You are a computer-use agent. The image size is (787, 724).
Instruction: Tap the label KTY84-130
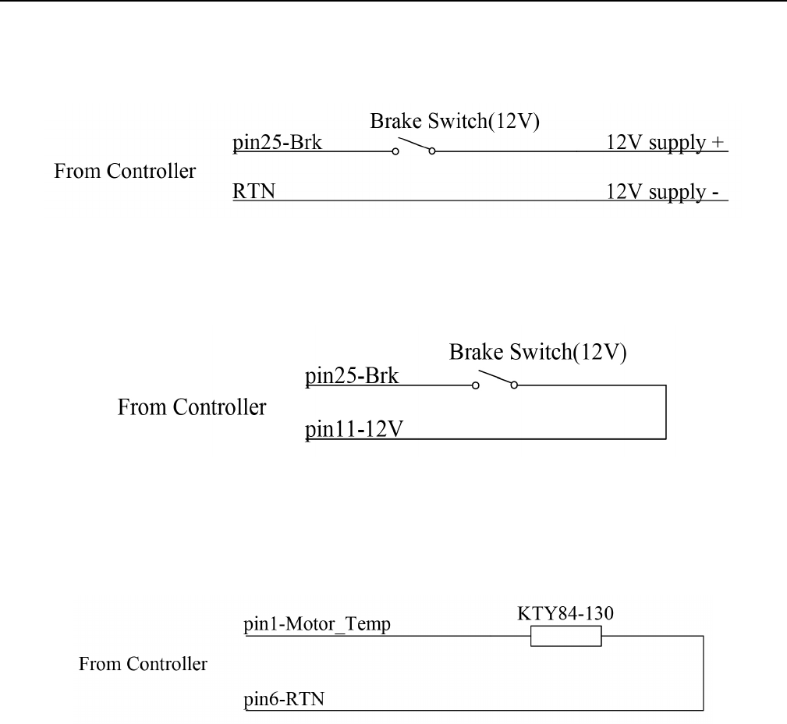point(565,614)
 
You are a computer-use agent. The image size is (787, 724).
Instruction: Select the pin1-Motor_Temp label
point(317,625)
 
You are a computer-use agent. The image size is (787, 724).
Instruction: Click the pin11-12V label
point(353,429)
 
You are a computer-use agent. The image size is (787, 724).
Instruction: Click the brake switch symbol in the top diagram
point(413,147)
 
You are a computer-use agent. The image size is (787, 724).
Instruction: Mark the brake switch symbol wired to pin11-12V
point(495,381)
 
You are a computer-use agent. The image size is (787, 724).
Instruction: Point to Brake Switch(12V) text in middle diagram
point(537,353)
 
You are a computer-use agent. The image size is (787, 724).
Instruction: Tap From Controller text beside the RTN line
point(125,171)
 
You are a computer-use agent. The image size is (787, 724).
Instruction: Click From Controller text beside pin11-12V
point(191,406)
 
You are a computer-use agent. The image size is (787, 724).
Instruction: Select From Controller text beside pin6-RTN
point(143,665)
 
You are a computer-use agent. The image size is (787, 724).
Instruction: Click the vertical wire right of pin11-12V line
point(665,411)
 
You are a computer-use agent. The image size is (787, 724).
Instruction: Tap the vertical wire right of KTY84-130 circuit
point(704,673)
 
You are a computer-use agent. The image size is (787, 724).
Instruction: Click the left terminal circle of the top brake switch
point(395,151)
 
